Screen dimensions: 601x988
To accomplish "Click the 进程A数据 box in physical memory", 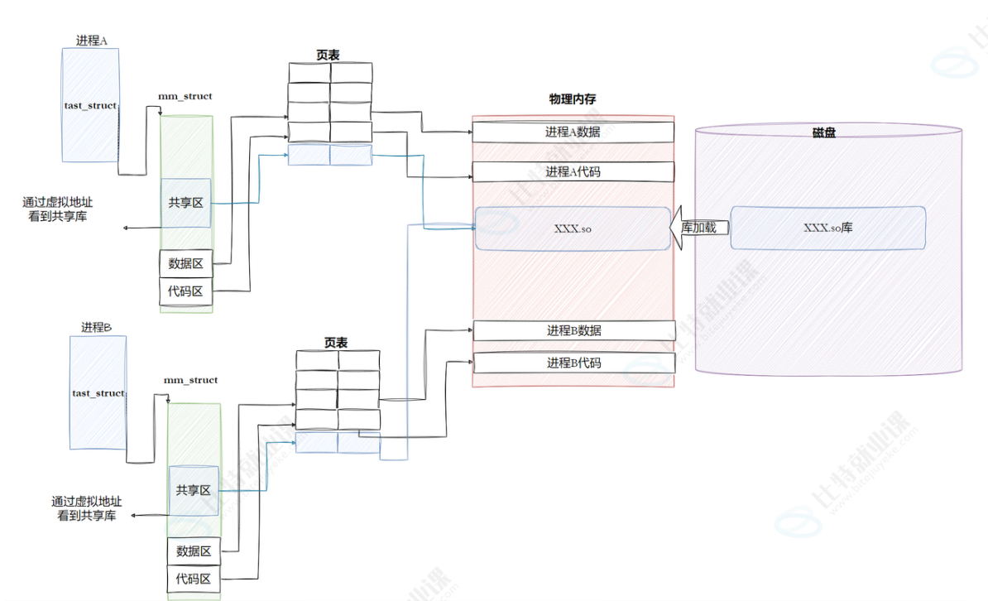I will tap(573, 132).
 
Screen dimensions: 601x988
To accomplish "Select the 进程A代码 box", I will tap(573, 172).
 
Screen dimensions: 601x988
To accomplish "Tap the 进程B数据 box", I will tap(573, 330).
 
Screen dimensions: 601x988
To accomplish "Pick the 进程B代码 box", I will tap(573, 363).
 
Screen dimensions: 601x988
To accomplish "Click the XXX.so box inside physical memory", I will tap(572, 228).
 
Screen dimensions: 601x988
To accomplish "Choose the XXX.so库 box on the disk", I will tap(827, 228).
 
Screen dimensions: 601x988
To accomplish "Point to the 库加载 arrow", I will tap(697, 228).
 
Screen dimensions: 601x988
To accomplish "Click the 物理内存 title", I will tap(573, 99).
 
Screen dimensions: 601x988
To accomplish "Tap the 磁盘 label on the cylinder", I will tap(823, 132).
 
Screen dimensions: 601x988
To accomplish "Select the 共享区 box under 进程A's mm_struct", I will tap(186, 203).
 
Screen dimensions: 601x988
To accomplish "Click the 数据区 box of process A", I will tap(186, 264).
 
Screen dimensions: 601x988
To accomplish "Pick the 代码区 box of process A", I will tap(186, 291).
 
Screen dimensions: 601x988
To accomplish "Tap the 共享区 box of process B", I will tap(194, 490).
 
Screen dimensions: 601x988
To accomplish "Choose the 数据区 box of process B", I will tap(194, 551).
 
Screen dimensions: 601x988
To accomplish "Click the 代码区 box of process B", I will tap(194, 579).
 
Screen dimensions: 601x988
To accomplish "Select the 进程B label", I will tap(97, 327).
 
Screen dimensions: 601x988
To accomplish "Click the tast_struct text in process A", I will tap(90, 106).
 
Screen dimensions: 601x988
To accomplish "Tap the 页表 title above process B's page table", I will tap(336, 343).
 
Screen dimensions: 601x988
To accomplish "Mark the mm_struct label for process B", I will tap(191, 380).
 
